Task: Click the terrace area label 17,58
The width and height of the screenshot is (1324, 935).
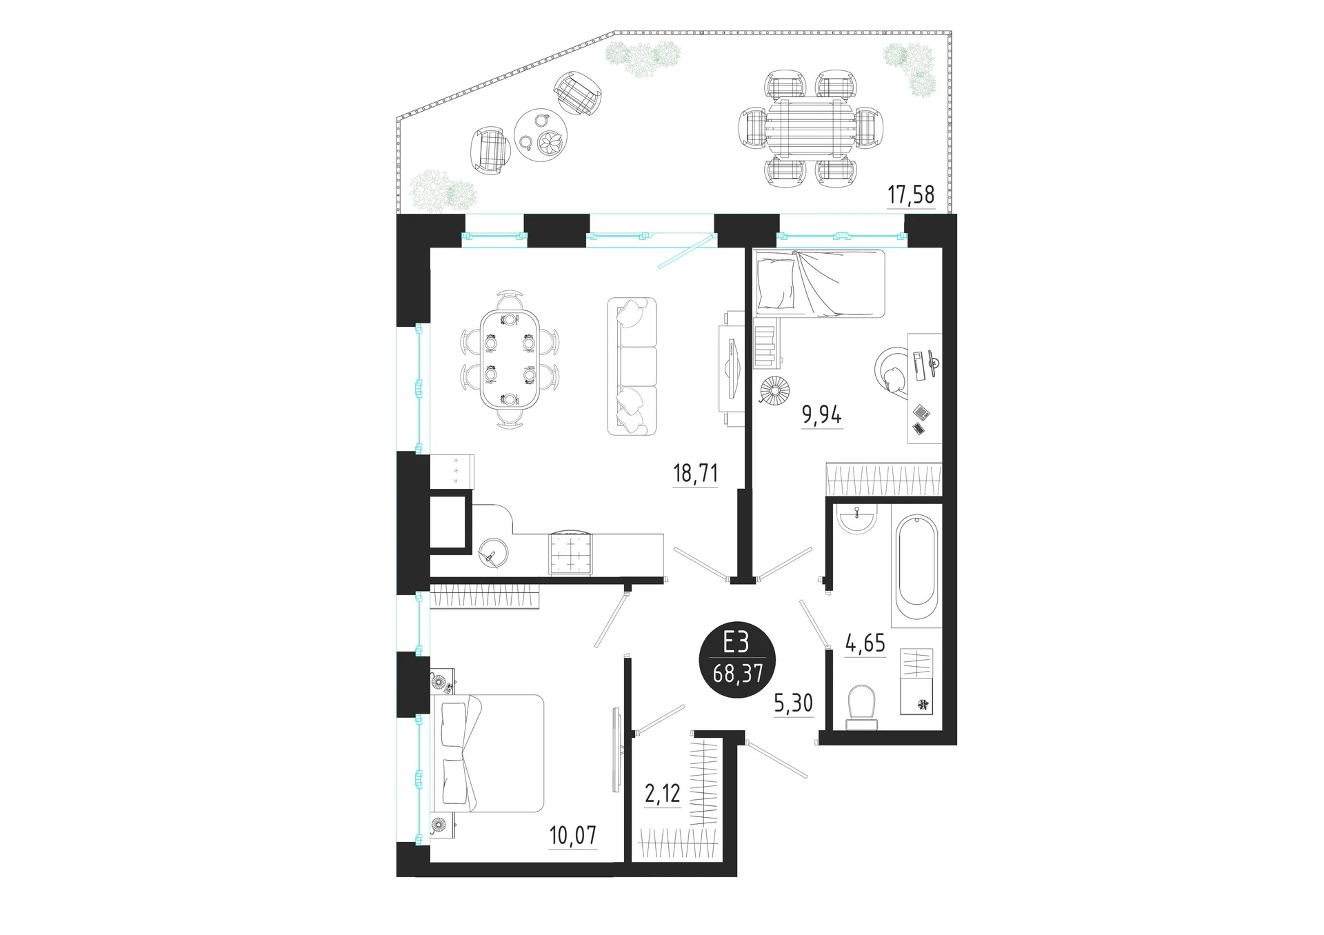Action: (910, 195)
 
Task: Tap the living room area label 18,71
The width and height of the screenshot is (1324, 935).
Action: (695, 474)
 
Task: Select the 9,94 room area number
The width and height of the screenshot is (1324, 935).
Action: (821, 416)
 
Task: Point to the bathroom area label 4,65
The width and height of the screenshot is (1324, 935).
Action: (865, 643)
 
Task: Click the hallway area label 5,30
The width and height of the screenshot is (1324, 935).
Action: (794, 704)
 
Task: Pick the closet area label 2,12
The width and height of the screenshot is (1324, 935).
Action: (662, 794)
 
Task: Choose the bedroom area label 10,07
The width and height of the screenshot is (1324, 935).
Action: (573, 836)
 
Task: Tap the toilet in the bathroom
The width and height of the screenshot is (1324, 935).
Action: (862, 705)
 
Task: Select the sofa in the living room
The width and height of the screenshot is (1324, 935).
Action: (632, 366)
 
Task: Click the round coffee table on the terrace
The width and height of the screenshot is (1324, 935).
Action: (541, 134)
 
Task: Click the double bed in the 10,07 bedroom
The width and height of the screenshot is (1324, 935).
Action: (488, 753)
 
